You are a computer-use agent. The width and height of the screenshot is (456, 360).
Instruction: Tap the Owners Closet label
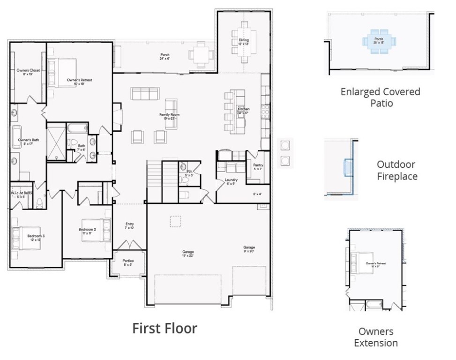(x=28, y=72)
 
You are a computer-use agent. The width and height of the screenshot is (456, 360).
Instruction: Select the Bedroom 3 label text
(x=36, y=238)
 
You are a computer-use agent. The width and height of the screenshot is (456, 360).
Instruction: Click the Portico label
(x=128, y=262)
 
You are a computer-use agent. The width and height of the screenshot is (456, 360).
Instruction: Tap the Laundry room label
(x=231, y=181)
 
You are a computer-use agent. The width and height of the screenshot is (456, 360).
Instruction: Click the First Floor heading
(x=164, y=328)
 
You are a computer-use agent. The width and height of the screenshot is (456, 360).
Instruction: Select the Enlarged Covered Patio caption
(x=380, y=97)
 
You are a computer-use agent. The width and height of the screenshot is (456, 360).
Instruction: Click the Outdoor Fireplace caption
(x=396, y=171)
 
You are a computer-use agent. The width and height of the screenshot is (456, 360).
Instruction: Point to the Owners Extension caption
(x=375, y=337)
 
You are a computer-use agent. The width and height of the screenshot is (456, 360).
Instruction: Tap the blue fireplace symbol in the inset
(x=349, y=167)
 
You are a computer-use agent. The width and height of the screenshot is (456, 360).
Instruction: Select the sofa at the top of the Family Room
(x=143, y=94)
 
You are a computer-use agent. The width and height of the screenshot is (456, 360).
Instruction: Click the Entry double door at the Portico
(x=128, y=246)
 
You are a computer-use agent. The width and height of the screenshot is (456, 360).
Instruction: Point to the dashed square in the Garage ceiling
(x=175, y=221)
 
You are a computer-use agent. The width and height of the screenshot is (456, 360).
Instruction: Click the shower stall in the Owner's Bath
(x=56, y=141)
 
